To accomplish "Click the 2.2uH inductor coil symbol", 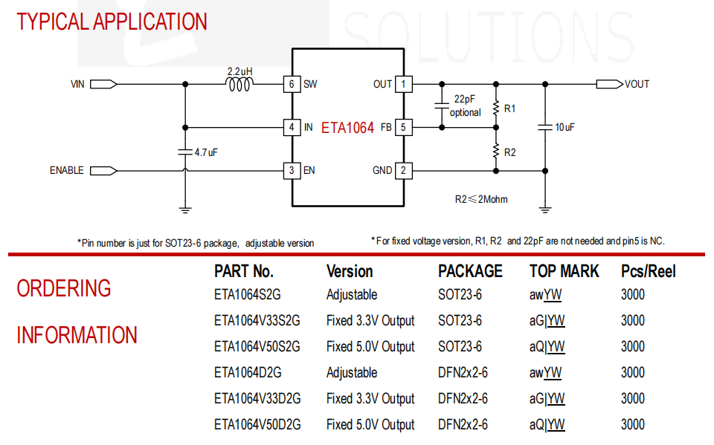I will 239,85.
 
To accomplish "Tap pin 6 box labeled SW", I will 292,84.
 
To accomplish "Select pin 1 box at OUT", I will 403,84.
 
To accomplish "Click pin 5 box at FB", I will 403,128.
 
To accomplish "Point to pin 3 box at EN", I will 292,170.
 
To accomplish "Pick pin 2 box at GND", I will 403,170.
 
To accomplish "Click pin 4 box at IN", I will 292,127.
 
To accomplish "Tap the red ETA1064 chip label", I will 347,128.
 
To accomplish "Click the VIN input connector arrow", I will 103,85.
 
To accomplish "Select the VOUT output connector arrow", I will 608,84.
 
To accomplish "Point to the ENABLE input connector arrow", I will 103,170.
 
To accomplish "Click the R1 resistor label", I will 509,108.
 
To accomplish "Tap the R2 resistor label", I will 509,152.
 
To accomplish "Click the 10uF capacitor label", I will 565,127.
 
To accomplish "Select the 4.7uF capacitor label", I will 205,152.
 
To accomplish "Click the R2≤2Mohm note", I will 481,199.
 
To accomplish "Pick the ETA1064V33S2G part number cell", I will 257,321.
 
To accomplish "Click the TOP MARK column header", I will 564,271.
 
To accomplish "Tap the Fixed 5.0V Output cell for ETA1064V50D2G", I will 370,425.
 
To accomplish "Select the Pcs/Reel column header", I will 648,271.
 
